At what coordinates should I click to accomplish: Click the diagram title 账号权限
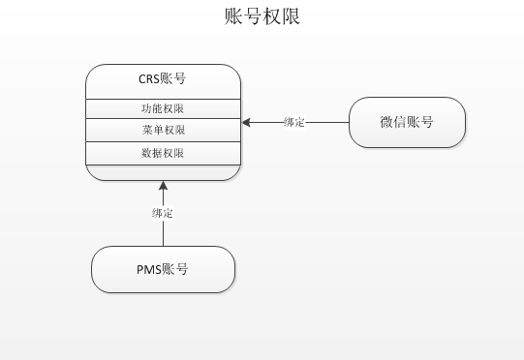click(x=262, y=18)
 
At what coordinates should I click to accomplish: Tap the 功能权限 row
click(x=163, y=107)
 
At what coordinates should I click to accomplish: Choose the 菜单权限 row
click(x=163, y=130)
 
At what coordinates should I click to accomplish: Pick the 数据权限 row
click(x=163, y=153)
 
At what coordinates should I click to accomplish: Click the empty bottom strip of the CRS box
click(x=163, y=172)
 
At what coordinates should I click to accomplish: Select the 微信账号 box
click(x=407, y=122)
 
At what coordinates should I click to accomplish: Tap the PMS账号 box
click(x=163, y=270)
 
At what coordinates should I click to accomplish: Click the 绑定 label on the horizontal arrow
click(x=294, y=122)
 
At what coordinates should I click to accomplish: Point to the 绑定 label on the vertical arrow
click(x=163, y=213)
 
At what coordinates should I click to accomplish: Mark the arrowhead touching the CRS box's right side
click(x=247, y=122)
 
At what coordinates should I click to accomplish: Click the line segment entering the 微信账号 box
click(x=329, y=122)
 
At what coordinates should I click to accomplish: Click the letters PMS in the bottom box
click(x=148, y=270)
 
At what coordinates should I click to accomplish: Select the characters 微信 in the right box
click(x=393, y=122)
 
